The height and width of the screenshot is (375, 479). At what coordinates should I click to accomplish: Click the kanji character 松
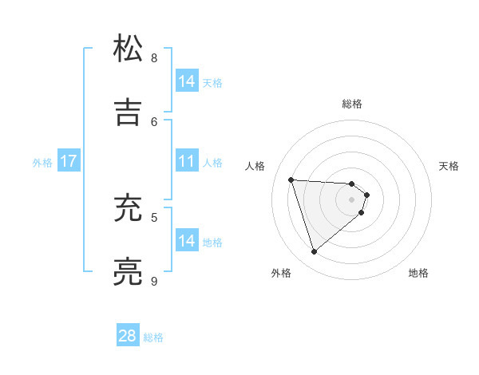129,49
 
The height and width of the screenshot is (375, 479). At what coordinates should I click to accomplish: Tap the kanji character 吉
129,112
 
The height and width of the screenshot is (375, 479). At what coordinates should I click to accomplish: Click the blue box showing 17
68,161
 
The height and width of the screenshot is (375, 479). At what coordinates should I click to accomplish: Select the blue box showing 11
186,161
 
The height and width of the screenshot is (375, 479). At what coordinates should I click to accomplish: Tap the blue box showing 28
128,336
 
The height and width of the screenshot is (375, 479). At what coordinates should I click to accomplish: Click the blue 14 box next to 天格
186,81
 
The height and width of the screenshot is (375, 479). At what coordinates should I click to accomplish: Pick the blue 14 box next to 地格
186,241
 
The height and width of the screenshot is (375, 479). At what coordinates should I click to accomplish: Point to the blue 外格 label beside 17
42,162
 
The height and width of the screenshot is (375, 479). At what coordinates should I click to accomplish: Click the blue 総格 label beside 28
153,337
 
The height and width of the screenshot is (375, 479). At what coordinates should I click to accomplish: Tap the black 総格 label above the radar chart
352,104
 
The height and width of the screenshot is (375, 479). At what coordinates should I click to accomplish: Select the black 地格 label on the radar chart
418,273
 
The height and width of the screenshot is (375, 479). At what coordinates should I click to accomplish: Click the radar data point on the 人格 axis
291,180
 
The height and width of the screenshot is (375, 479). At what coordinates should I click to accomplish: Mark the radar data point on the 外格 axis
314,252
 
